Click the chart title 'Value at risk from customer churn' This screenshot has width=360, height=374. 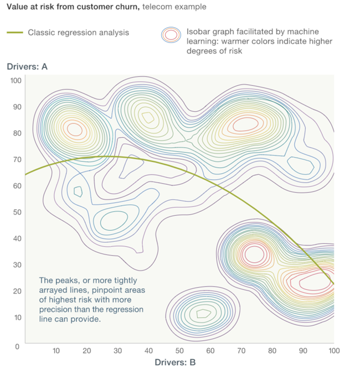click(x=73, y=7)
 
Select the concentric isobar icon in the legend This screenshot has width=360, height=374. click(x=172, y=35)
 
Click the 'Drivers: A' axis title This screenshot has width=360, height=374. click(x=27, y=67)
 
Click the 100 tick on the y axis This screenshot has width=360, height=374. click(x=16, y=80)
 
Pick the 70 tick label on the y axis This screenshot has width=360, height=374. click(x=17, y=159)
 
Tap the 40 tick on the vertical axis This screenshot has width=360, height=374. click(x=17, y=238)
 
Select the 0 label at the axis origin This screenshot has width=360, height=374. click(x=18, y=346)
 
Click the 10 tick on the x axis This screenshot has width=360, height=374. click(x=56, y=351)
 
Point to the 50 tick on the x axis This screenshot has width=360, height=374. click(x=179, y=351)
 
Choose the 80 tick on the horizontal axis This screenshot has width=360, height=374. click(x=272, y=351)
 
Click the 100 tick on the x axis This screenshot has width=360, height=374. click(x=333, y=351)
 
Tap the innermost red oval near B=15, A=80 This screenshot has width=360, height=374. click(x=74, y=129)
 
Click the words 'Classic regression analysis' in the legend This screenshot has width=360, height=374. click(x=78, y=33)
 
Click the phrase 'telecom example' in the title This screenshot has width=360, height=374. click(x=174, y=7)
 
